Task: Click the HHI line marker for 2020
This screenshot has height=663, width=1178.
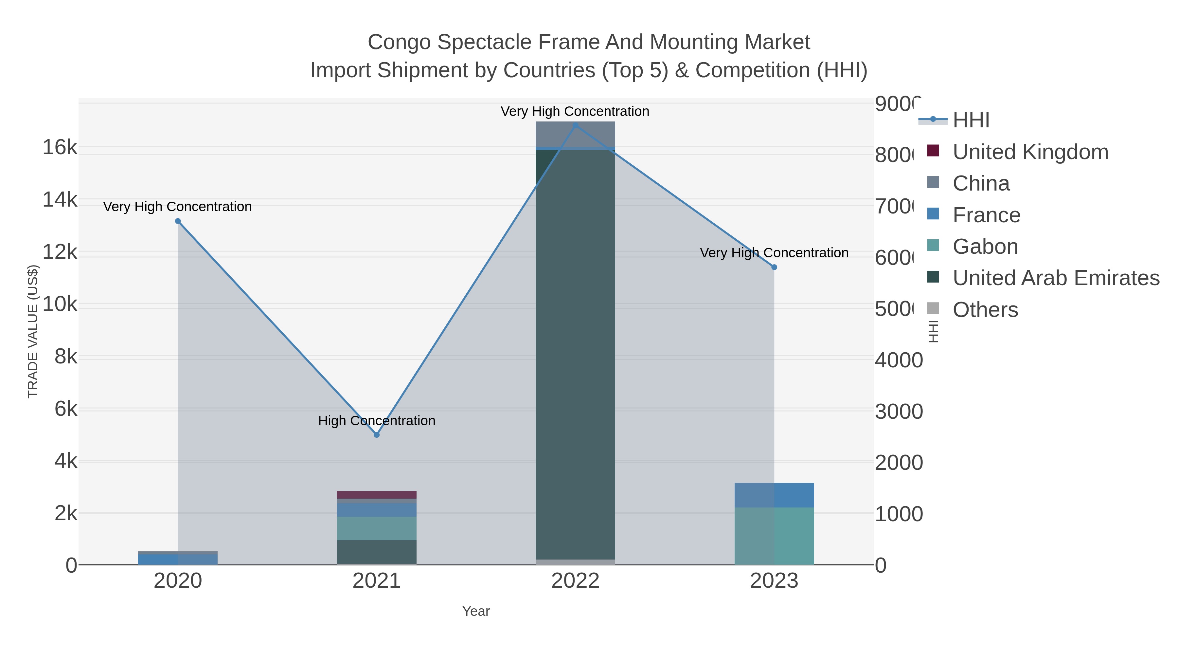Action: coord(178,221)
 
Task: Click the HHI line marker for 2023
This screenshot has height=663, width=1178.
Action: coord(774,267)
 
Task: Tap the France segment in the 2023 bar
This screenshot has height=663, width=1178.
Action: coord(774,495)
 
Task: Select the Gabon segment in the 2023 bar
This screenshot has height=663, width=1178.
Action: coord(774,536)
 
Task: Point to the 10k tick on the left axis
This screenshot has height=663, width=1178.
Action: coord(60,304)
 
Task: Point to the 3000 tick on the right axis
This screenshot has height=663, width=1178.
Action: coord(899,411)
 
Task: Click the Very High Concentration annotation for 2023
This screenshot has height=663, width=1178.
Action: coord(774,252)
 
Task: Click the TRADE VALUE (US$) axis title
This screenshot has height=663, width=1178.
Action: coord(33,331)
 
